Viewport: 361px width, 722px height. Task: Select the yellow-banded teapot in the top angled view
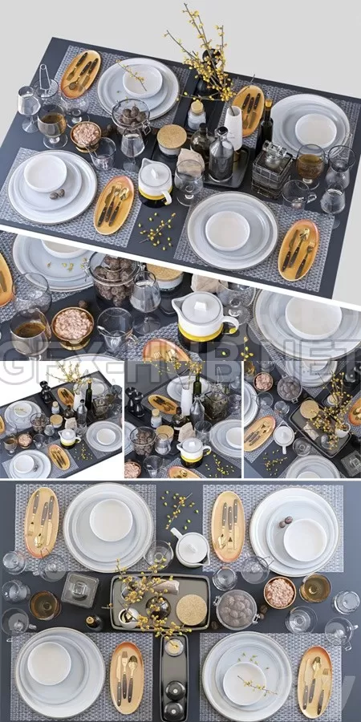pos(155,183)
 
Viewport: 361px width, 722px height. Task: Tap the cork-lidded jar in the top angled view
pos(171,139)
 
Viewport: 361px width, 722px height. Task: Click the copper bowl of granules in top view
pos(86,135)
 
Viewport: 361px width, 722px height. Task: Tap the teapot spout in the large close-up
pos(232,324)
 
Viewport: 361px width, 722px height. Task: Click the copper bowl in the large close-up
pos(72,327)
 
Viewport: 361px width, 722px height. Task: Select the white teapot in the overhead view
pos(192,550)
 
